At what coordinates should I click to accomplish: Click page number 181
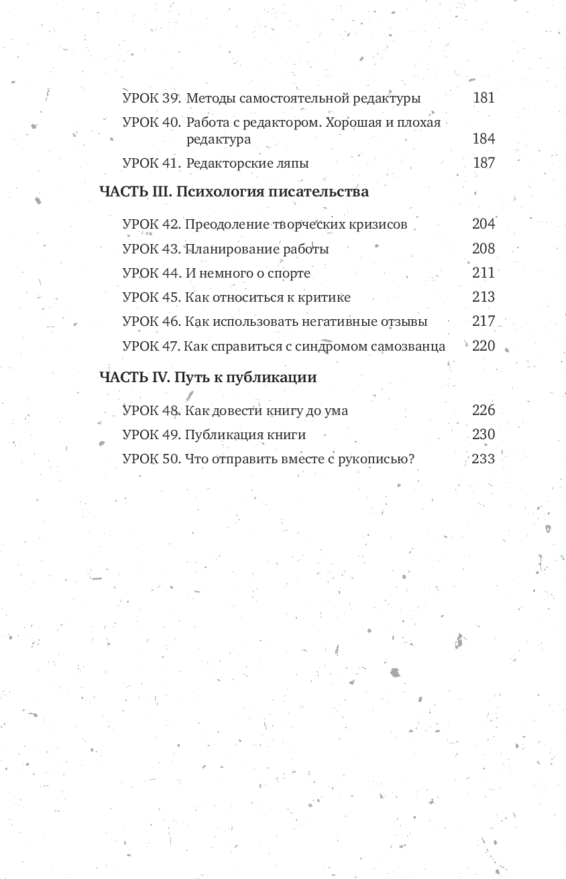point(484,98)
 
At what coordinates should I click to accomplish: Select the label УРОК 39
point(152,99)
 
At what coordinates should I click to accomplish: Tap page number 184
point(484,139)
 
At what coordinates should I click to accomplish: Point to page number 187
point(484,163)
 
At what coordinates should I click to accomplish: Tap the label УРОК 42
point(152,225)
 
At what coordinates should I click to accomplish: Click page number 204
point(484,224)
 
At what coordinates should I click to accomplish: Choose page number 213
point(484,297)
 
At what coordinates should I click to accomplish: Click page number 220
point(484,346)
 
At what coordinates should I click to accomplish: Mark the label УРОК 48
point(152,411)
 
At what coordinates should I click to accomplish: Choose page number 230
point(484,434)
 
